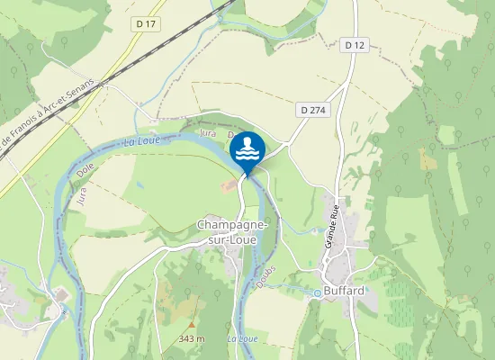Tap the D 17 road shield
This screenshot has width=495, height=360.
click(148, 23)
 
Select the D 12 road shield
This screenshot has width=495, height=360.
click(355, 44)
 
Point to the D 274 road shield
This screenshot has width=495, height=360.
click(311, 109)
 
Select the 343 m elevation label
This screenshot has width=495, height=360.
click(192, 338)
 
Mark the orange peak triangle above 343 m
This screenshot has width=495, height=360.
click(192, 325)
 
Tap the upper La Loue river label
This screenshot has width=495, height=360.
click(142, 141)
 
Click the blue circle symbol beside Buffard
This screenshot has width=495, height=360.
click(317, 292)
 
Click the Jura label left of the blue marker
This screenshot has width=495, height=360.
click(207, 133)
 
